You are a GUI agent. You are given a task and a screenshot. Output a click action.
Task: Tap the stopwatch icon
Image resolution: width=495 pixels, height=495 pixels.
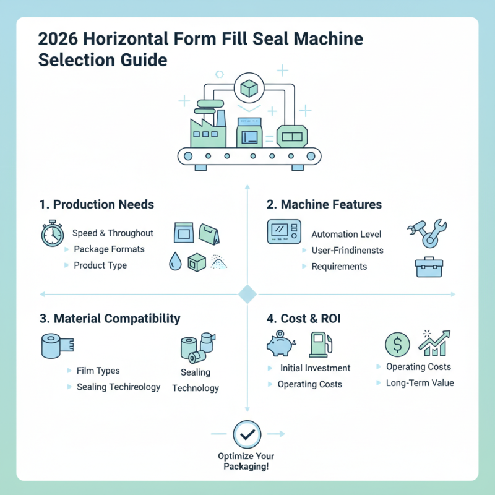click(x=52, y=233)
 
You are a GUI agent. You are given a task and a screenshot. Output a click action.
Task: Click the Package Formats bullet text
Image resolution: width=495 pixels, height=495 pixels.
click(x=109, y=249)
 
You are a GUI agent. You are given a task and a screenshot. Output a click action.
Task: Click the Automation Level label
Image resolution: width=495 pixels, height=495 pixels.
click(x=346, y=235)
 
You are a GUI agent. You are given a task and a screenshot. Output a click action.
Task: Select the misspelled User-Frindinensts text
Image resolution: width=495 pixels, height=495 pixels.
click(x=348, y=251)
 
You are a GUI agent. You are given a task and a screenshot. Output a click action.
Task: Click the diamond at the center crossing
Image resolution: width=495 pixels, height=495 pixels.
click(x=247, y=294)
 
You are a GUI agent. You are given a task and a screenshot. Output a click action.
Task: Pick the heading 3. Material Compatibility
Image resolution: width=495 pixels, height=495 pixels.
click(x=110, y=319)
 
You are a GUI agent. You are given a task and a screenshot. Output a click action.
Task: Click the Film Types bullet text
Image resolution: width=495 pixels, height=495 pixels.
click(x=98, y=371)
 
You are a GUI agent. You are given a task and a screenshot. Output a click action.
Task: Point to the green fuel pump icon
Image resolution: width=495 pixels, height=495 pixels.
click(x=321, y=344)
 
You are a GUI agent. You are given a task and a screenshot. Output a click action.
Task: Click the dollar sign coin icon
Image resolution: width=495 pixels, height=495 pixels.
click(x=397, y=344)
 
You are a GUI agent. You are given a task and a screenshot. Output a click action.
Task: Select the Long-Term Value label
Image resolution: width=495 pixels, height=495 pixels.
click(x=420, y=383)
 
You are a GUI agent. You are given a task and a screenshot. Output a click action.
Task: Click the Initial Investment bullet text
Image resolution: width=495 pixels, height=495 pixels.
click(x=315, y=368)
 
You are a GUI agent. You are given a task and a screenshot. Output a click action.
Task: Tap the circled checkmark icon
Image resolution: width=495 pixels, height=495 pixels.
click(x=246, y=434)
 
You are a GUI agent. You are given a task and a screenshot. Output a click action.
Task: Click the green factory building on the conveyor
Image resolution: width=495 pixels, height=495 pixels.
click(x=206, y=130)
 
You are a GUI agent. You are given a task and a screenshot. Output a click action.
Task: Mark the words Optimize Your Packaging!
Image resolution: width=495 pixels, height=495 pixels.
click(x=246, y=461)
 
